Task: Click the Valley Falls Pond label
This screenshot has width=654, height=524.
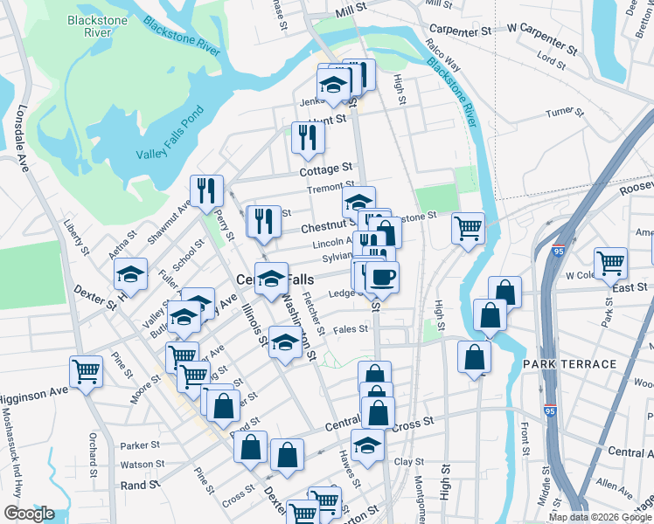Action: [170, 136]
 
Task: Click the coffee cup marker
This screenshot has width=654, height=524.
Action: [381, 279]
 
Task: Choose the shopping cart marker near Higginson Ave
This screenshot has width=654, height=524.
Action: [86, 372]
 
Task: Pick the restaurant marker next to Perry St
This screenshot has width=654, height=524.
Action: [206, 190]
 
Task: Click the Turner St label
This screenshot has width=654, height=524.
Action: [564, 113]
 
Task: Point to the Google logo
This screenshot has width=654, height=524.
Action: [29, 514]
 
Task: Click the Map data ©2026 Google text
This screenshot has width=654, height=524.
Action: [600, 517]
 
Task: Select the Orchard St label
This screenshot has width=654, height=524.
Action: [91, 445]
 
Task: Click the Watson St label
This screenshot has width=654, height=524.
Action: [142, 465]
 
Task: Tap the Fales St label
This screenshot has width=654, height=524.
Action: [350, 329]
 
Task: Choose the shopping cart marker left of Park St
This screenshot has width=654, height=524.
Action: [609, 262]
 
